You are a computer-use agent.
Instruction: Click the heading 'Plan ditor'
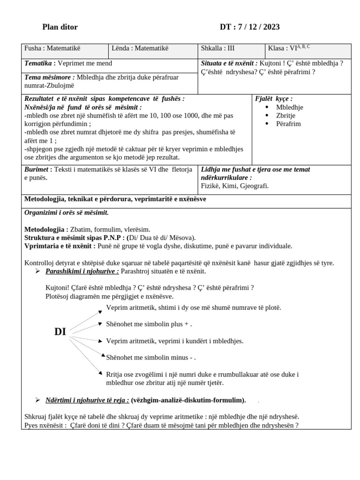tap(60, 27)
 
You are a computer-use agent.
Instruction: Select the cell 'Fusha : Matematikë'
tap(52, 48)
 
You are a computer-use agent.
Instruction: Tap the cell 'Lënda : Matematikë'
tap(140, 48)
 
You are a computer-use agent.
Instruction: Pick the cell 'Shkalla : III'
tap(217, 48)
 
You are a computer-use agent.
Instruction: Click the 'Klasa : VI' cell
tap(288, 48)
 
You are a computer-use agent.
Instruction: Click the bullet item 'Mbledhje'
tap(289, 107)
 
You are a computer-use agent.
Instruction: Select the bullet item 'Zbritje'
tap(286, 115)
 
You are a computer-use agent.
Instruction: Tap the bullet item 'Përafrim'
tap(288, 124)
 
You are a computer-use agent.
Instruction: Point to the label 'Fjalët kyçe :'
tap(274, 98)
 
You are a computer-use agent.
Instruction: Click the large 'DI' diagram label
tap(60, 332)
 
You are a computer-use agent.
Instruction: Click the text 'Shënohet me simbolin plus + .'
tap(149, 324)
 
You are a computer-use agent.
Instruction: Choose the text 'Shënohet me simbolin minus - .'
tap(151, 358)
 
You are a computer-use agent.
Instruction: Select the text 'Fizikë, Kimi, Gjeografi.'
tap(234, 186)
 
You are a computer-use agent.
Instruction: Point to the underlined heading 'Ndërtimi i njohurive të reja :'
tap(87, 400)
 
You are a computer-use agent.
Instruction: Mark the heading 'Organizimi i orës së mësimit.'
tap(67, 212)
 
